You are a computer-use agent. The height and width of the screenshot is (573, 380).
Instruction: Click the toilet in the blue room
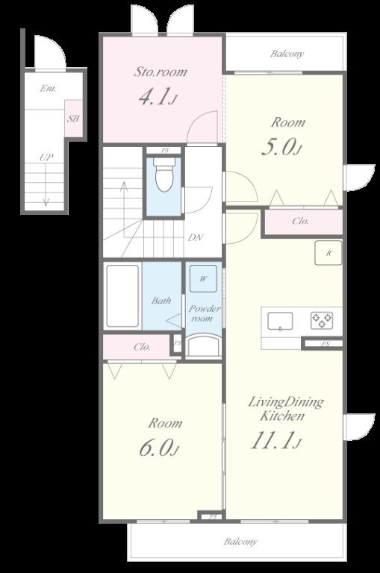[x=163, y=175]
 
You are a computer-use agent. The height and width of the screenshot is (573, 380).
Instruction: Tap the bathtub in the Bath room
[x=122, y=296]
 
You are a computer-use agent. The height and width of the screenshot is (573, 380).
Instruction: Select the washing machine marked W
[x=203, y=278]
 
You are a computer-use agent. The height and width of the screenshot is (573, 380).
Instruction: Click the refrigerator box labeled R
[x=328, y=252]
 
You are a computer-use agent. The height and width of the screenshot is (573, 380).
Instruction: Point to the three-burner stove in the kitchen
[x=322, y=320]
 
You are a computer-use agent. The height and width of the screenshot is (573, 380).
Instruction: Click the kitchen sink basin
[x=280, y=322]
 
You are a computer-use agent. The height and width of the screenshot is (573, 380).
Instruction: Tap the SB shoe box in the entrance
[x=73, y=119]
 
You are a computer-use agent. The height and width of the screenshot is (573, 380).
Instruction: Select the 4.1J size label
[x=158, y=97]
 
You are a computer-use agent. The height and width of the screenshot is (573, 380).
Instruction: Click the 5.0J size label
[x=281, y=148]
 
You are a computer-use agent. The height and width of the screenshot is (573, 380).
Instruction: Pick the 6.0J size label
[x=159, y=448]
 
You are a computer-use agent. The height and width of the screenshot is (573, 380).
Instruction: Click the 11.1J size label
[x=275, y=440]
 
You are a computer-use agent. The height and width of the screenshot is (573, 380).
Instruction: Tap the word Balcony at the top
[x=287, y=54]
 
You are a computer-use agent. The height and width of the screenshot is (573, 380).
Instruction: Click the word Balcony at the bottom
[x=240, y=541]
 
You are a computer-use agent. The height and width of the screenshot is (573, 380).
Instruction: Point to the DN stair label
[x=196, y=237]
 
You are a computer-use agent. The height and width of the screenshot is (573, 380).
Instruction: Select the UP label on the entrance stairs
[x=46, y=157]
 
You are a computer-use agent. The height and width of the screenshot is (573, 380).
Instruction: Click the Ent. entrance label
[x=49, y=88]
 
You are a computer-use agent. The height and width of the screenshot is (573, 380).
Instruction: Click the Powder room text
[x=204, y=313]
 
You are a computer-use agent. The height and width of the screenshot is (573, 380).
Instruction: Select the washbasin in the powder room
[x=203, y=345]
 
